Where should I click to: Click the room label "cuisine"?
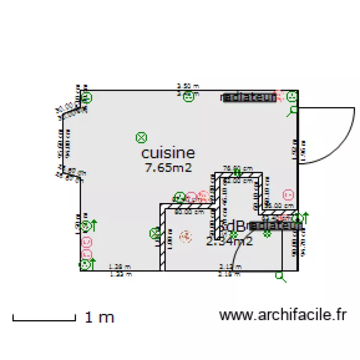pyautogui.click(x=168, y=153)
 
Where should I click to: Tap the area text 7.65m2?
pyautogui.click(x=168, y=168)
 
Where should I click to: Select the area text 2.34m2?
pyautogui.click(x=229, y=241)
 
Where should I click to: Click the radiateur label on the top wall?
pyautogui.click(x=249, y=97)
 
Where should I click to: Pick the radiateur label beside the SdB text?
pyautogui.click(x=275, y=225)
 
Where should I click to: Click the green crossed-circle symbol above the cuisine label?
pyautogui.click(x=141, y=138)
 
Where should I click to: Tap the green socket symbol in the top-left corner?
pyautogui.click(x=87, y=98)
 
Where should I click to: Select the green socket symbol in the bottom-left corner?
pyautogui.click(x=85, y=264)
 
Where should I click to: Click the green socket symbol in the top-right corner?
pyautogui.click(x=291, y=97)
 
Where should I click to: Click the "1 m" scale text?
pyautogui.click(x=99, y=317)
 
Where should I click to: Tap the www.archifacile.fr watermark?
pyautogui.click(x=283, y=315)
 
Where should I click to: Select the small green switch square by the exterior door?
pyautogui.click(x=294, y=110)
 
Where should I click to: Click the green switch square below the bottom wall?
pyautogui.click(x=279, y=275)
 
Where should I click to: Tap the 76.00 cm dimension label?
pyautogui.click(x=238, y=168)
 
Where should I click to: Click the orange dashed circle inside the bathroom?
pyautogui.click(x=185, y=236)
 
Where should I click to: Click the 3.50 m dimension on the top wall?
pyautogui.click(x=188, y=86)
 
